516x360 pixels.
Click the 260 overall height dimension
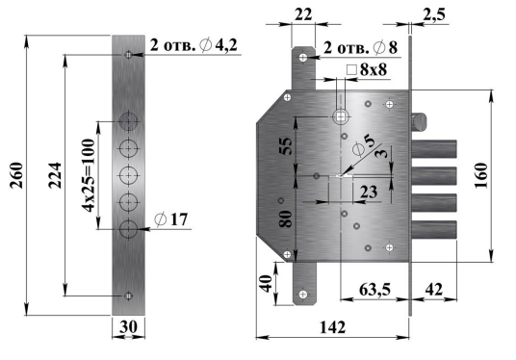(x=16, y=175)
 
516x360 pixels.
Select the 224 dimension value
(x=55, y=175)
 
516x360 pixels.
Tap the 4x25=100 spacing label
(x=89, y=175)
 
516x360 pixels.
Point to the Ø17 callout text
(x=170, y=219)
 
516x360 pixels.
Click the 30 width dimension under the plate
(x=128, y=326)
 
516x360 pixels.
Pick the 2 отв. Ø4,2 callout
(x=193, y=45)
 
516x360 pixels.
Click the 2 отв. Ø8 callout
(x=360, y=48)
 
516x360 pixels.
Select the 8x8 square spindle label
(x=367, y=69)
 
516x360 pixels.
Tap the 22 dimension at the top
(x=303, y=14)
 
